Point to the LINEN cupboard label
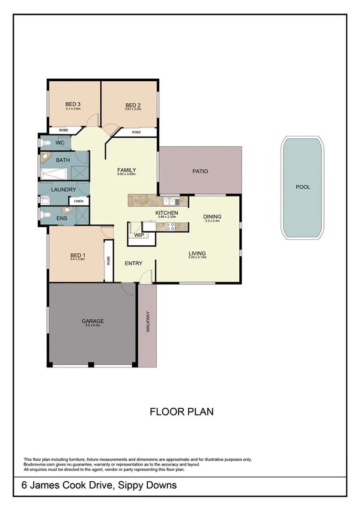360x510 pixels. click(x=79, y=201)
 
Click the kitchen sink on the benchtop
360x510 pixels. click(x=169, y=201)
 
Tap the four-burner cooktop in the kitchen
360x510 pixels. click(x=169, y=227)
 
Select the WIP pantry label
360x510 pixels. click(x=138, y=235)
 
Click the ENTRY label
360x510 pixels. click(x=133, y=263)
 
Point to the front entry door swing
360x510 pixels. click(x=145, y=277)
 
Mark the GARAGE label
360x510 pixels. click(x=92, y=321)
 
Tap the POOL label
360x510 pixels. click(x=303, y=187)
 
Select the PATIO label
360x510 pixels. click(x=200, y=171)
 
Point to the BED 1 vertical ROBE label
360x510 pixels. click(x=109, y=261)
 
